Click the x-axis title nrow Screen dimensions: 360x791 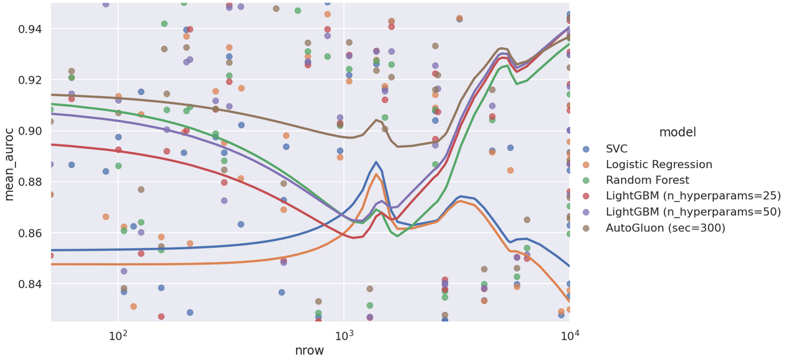tap(310, 350)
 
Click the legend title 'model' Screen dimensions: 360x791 tap(677, 133)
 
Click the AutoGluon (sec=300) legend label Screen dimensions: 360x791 tap(666, 228)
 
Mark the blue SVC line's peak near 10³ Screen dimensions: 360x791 tap(376, 162)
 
